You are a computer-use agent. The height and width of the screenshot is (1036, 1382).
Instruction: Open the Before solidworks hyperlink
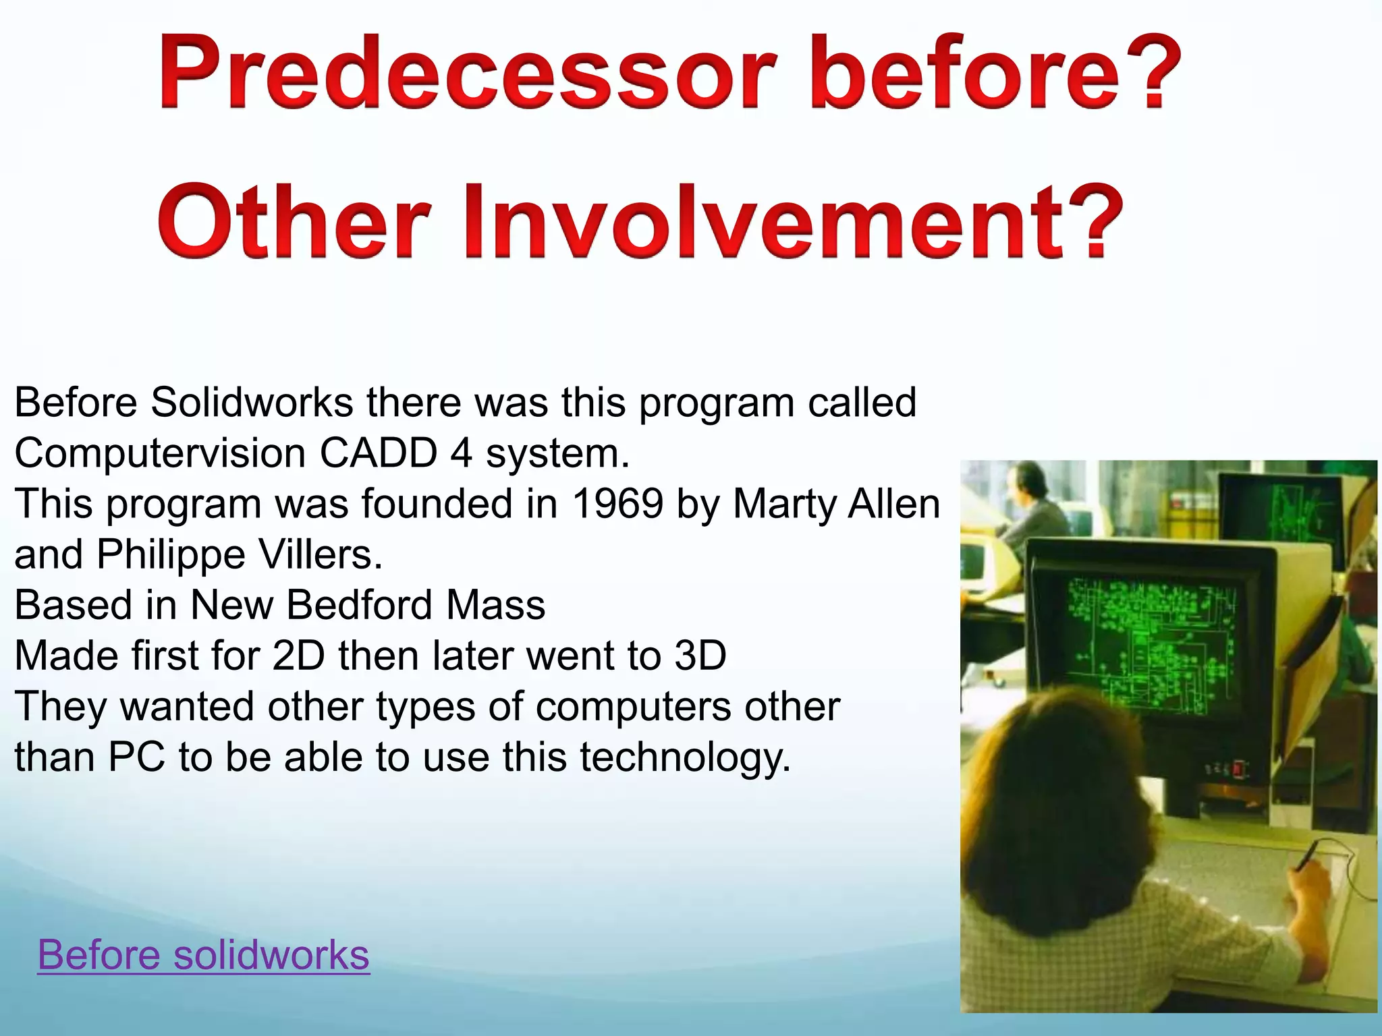click(203, 954)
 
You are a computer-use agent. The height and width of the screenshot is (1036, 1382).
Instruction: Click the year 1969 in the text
click(617, 504)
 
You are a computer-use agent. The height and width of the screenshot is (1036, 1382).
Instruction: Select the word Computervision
click(160, 453)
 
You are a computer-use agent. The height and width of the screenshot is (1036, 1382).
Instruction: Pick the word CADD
click(379, 453)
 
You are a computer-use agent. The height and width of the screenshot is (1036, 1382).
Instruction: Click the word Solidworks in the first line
click(251, 403)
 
